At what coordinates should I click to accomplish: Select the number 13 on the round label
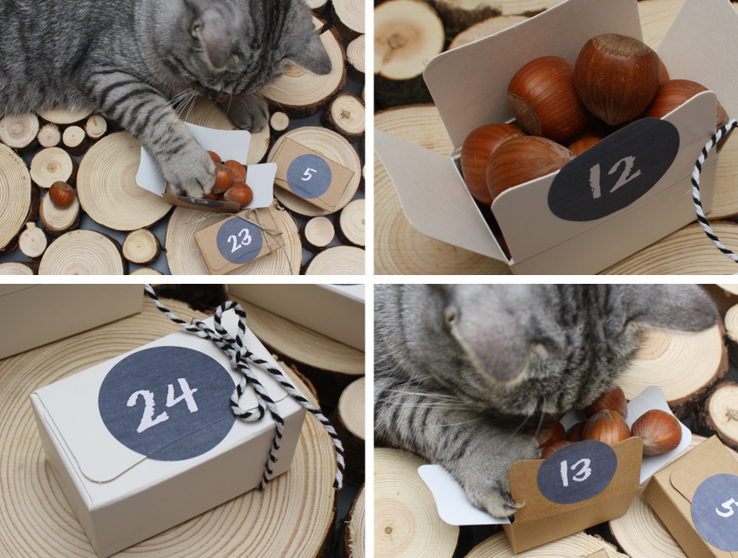click(577, 472)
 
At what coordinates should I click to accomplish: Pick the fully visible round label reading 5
click(309, 176)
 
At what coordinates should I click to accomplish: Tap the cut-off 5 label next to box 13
click(715, 512)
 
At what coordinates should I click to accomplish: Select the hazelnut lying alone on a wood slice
click(62, 194)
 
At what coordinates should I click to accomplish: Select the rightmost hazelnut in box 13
click(656, 431)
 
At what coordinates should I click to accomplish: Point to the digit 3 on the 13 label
click(583, 472)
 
